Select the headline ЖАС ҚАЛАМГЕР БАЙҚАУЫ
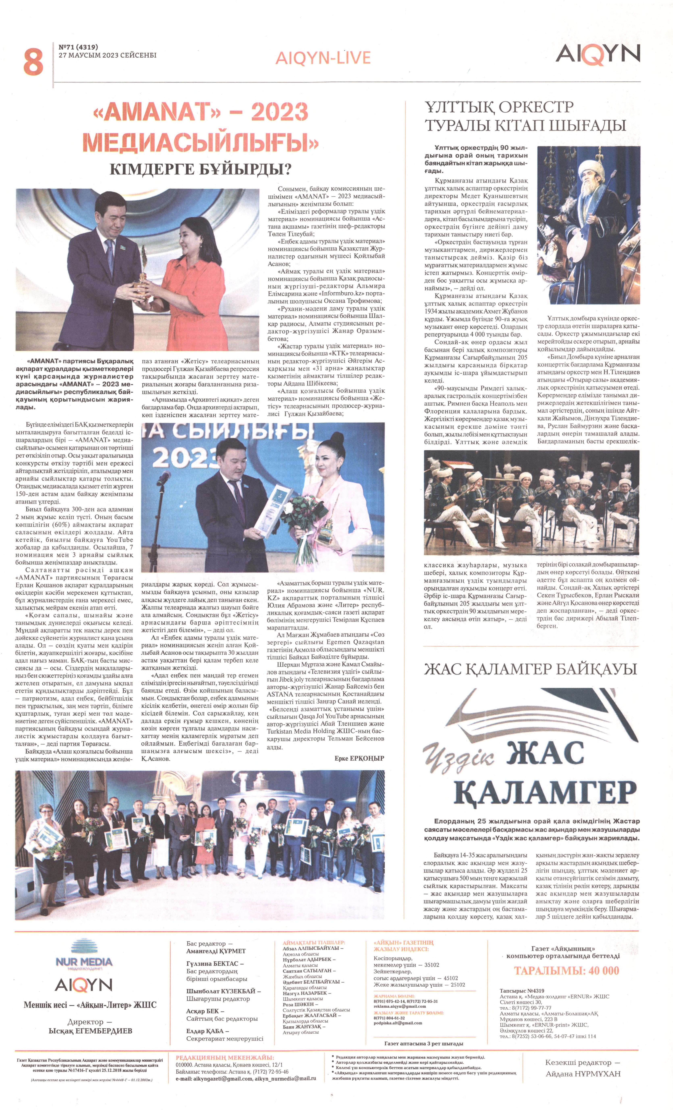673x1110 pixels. [530, 669]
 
